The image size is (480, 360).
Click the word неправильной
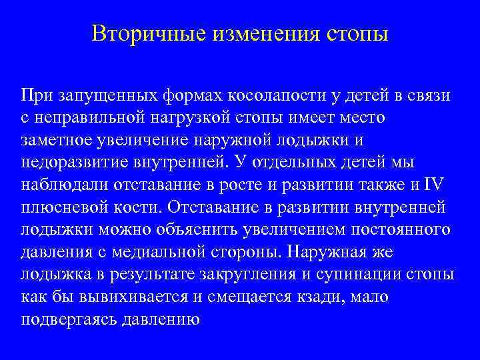[88, 118]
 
